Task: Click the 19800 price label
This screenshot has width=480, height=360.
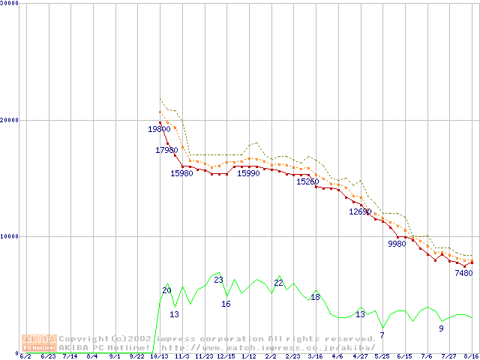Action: (159, 129)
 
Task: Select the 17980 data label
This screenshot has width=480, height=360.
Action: (166, 150)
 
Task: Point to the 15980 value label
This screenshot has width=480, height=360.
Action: (181, 173)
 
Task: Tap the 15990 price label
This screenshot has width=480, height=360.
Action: (248, 173)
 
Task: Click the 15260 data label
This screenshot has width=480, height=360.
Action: (307, 181)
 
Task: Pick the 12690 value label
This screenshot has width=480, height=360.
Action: (360, 211)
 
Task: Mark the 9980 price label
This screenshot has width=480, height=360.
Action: (397, 244)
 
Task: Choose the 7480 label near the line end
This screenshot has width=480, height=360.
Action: (463, 273)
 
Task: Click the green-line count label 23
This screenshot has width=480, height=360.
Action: (218, 280)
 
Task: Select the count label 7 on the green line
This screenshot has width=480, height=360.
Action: (382, 334)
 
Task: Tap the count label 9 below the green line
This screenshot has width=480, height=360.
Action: (441, 328)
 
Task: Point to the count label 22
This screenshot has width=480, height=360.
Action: (278, 283)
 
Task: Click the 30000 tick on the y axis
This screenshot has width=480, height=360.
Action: (10, 4)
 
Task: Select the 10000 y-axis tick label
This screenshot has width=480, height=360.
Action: (10, 236)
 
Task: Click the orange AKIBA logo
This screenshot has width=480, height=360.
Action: (40, 342)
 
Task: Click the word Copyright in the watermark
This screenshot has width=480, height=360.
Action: (80, 338)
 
